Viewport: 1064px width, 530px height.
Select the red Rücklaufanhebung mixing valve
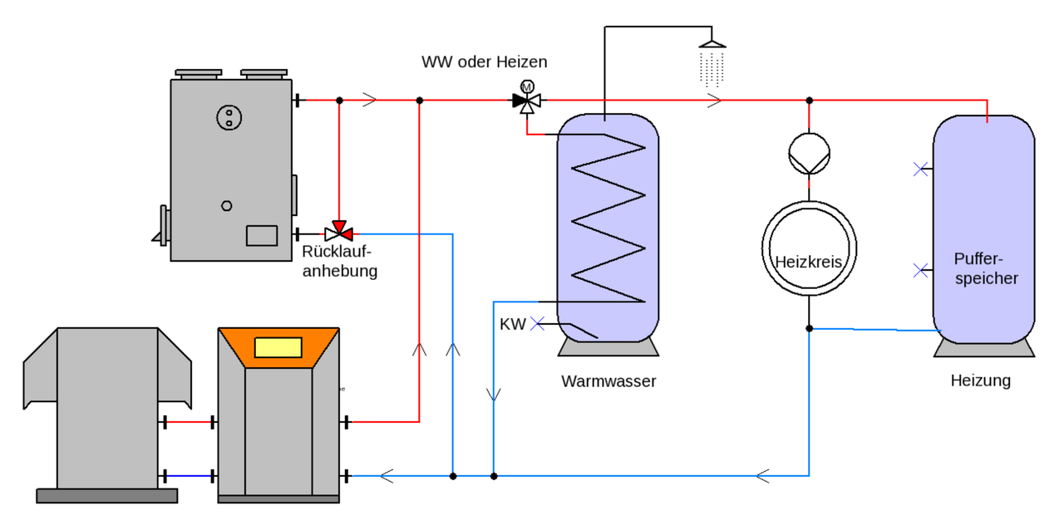point(338,230)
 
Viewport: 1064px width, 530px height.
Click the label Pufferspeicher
point(986,267)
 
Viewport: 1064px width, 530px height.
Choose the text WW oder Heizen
point(485,62)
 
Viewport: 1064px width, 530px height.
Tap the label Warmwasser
point(608,381)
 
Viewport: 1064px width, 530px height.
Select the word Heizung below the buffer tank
point(981,380)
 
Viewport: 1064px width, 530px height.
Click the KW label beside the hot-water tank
point(512,324)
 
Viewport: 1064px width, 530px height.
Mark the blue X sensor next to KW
point(537,324)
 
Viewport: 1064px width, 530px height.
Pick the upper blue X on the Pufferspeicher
point(919,169)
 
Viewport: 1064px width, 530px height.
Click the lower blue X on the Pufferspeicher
point(919,270)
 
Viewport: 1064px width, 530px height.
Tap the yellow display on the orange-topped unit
point(278,347)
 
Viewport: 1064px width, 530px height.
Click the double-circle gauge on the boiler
point(228,117)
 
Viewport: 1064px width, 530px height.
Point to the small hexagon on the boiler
point(226,205)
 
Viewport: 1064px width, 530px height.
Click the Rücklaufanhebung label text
point(339,261)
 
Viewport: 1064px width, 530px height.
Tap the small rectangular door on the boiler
point(261,235)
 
